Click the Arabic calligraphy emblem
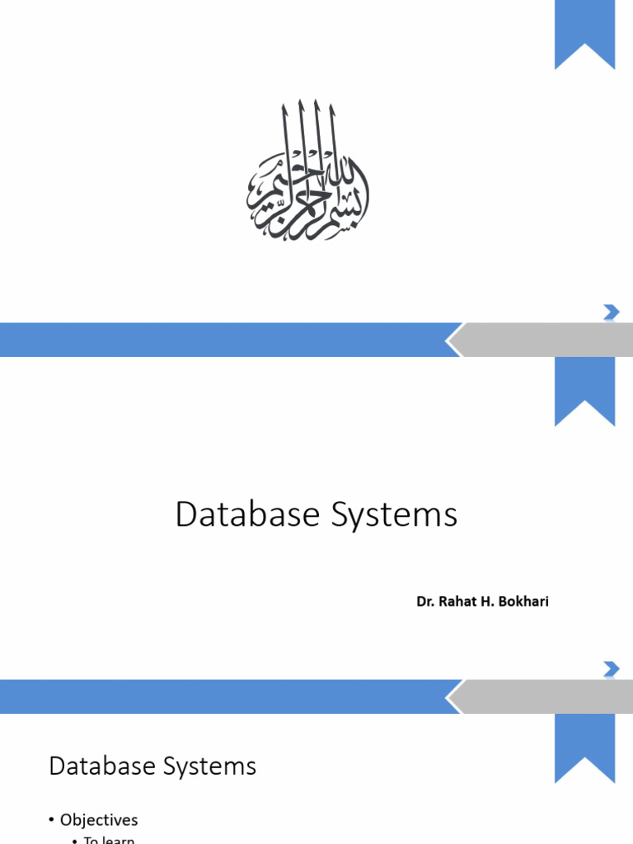pos(307,172)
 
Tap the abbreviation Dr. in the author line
pos(424,602)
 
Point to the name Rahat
pos(458,602)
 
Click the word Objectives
pos(99,820)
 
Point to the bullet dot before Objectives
pos(51,820)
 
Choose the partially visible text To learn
pos(109,839)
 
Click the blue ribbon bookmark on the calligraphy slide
pos(584,33)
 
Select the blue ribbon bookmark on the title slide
pos(584,389)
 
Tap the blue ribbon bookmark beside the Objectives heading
pos(584,746)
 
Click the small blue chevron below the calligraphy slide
pos(611,312)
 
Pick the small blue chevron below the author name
pos(611,668)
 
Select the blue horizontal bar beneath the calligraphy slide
pos(223,340)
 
